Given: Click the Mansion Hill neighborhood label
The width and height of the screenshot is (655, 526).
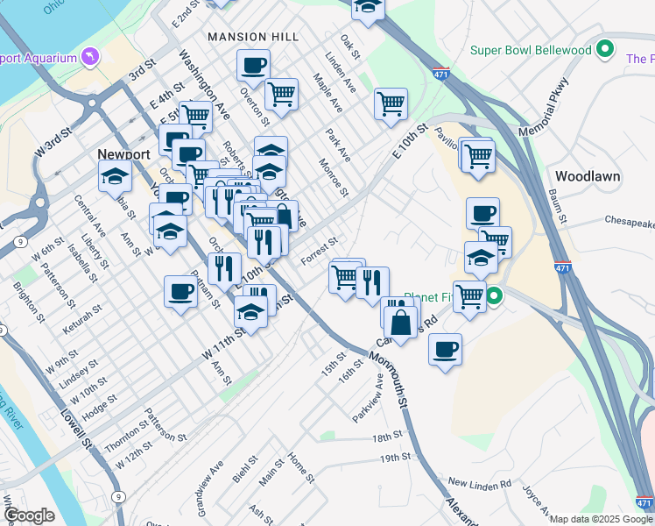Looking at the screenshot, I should click(x=253, y=37).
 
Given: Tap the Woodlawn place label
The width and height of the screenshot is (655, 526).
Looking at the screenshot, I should click(x=588, y=175).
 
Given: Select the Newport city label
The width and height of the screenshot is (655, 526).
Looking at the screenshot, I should click(x=123, y=153).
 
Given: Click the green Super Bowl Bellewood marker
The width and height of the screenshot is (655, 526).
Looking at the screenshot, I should click(x=603, y=50).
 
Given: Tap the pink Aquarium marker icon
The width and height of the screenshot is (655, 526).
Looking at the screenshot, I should click(x=88, y=58).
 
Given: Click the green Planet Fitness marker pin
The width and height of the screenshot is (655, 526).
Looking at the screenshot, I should click(x=494, y=296).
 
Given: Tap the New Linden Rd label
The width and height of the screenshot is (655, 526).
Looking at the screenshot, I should click(x=479, y=483).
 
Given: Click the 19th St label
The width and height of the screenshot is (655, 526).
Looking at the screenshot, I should click(x=396, y=458).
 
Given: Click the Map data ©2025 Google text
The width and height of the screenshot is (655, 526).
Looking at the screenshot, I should click(x=601, y=519).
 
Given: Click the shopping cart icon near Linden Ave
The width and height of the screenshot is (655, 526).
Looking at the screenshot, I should click(x=391, y=103).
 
